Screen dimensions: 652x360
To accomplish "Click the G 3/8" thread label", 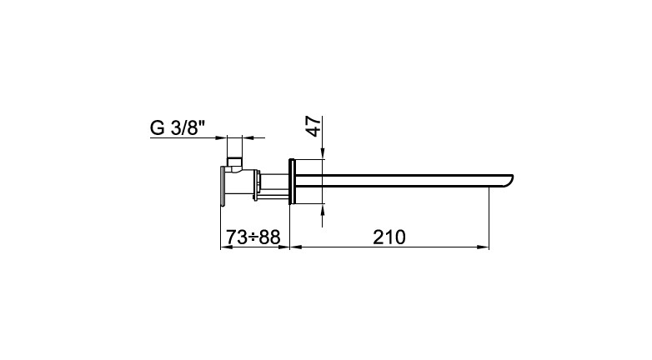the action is point(178,127).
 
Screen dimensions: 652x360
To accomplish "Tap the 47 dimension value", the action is point(314,127).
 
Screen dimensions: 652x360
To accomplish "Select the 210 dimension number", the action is point(389,237).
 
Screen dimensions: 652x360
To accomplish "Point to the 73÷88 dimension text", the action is point(253,237).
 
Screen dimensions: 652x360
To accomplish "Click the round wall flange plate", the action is point(292,181).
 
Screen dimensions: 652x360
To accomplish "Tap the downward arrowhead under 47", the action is point(323,154).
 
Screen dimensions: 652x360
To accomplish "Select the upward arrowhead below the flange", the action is point(323,209).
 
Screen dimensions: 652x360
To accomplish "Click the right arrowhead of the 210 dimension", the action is point(484,247).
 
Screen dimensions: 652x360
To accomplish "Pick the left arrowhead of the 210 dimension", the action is point(295,247).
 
